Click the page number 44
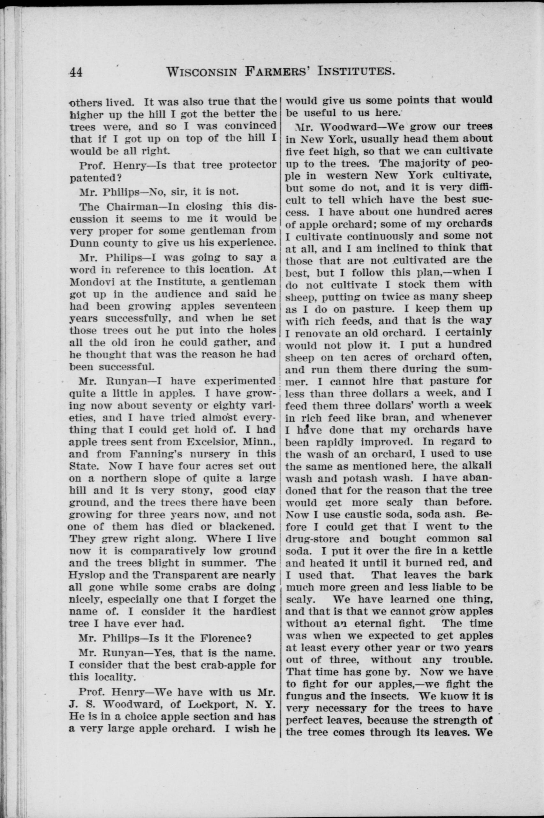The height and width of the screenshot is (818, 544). [x=76, y=72]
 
